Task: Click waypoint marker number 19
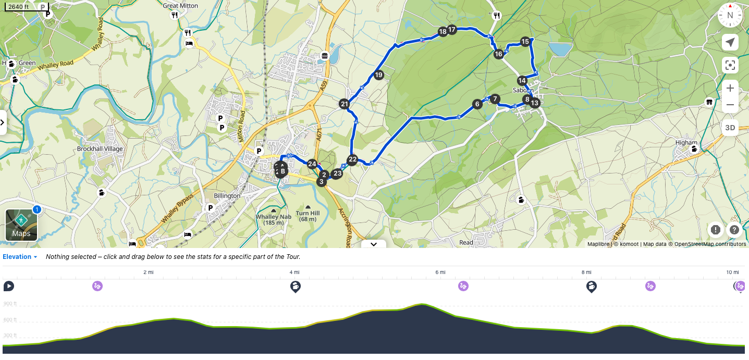378,75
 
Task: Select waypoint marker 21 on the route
344,104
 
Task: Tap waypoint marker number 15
525,42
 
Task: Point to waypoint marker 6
477,104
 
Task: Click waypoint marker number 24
312,164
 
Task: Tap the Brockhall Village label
100,149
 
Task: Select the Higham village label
685,143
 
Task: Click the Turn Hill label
308,213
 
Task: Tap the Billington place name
227,196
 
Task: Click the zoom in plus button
730,88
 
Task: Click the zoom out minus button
730,105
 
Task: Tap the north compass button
730,15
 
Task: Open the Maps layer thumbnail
21,225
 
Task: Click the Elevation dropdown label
20,257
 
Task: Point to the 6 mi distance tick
440,272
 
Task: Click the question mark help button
734,229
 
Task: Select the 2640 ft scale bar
26,7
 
